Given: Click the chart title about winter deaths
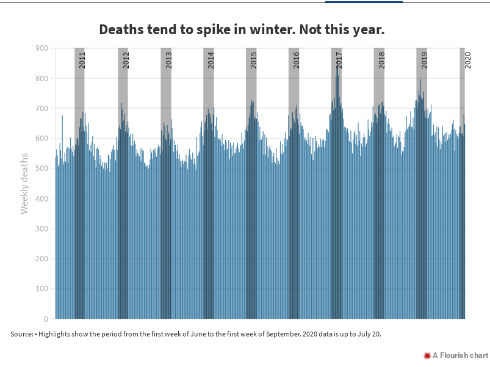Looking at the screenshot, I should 242,30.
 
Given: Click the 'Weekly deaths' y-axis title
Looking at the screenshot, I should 24,183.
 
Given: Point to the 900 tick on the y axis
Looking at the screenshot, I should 41,48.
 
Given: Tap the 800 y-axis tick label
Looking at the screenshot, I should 41,78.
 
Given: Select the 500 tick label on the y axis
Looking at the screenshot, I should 41,169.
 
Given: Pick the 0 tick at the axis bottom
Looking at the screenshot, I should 46,319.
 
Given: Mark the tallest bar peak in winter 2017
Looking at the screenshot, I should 337,65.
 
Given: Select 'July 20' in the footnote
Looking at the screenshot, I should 368,334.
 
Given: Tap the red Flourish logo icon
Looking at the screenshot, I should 427,355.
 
